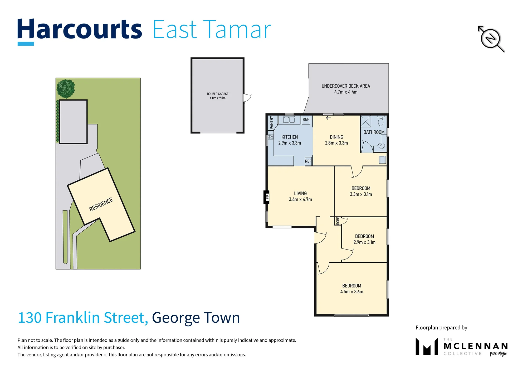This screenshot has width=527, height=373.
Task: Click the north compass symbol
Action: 491,39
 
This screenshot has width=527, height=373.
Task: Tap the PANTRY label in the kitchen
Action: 272,123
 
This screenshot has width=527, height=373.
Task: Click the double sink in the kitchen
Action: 289,120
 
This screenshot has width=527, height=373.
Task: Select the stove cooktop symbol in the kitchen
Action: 271,137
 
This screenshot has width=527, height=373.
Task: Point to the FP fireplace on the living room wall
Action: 267,197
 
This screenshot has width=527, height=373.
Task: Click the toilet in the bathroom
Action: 380,121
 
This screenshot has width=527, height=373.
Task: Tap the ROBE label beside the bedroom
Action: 338,221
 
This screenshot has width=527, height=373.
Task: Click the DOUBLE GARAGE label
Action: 218,94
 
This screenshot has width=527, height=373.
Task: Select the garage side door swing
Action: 247,98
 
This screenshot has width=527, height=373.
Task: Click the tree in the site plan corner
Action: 66,89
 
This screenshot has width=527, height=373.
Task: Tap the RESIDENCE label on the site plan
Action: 101,204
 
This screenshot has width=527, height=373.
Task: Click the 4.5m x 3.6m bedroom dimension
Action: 352,291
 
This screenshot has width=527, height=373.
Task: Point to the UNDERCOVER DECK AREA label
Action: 346,86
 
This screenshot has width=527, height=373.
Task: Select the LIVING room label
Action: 300,193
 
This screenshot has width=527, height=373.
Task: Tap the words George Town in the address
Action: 196,318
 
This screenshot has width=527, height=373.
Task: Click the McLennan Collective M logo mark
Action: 427,346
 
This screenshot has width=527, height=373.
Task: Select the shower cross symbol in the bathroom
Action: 366,121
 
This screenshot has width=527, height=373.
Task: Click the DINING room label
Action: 336,137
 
